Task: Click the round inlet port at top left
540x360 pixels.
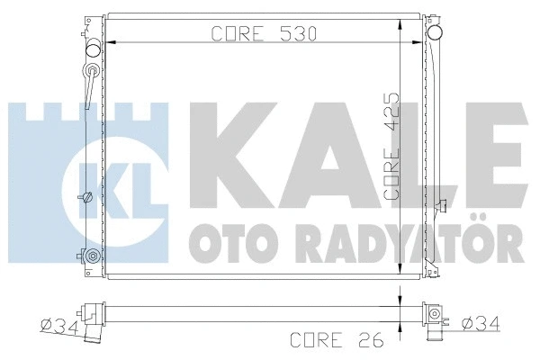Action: click(x=93, y=49)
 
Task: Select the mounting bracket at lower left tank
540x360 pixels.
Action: click(x=89, y=256)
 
